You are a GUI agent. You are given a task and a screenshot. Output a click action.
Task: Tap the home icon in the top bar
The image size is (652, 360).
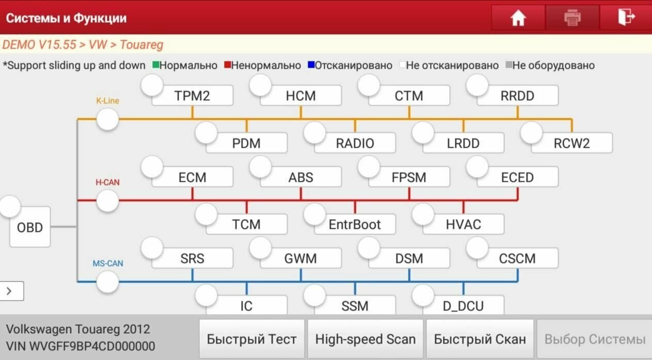click(x=518, y=18)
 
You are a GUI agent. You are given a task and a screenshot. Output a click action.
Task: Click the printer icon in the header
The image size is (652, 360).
click(x=572, y=18)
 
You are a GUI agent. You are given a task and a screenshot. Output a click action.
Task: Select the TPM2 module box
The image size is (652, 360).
click(x=192, y=96)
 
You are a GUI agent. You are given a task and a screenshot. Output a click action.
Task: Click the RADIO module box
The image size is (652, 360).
click(x=355, y=143)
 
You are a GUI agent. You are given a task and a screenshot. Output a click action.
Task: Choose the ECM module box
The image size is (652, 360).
click(x=192, y=178)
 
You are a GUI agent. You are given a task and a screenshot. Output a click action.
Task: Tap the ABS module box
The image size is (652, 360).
click(x=300, y=178)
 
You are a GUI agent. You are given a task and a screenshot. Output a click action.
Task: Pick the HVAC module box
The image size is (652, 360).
click(x=463, y=225)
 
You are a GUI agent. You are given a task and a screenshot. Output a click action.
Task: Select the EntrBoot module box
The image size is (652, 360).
click(x=355, y=225)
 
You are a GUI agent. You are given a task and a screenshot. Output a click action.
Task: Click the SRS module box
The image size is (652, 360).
click(x=192, y=258)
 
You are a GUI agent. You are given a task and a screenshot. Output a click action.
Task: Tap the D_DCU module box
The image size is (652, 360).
click(x=463, y=306)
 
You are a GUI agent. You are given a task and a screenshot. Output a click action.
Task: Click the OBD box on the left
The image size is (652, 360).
click(x=30, y=227)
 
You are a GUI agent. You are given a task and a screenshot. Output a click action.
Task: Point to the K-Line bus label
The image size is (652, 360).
click(x=107, y=101)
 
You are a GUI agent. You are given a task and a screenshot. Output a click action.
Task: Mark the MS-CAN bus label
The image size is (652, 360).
click(x=107, y=263)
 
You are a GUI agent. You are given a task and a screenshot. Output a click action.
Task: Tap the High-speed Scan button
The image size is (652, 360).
click(x=365, y=339)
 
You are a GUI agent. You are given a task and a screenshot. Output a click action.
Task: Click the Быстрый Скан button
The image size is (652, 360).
click(x=480, y=339)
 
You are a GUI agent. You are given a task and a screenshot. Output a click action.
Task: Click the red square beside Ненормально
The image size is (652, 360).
click(x=227, y=66)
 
